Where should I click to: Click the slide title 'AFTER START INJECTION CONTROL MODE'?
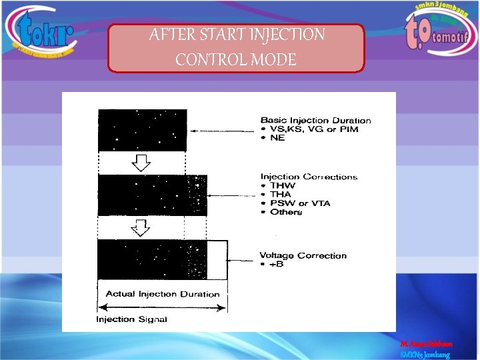237,47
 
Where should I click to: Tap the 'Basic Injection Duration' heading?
315,121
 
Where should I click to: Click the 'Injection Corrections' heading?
309,177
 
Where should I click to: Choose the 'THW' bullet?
281,185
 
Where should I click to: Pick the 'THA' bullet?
281,194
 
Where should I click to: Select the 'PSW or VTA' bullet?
299,203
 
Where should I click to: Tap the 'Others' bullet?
285,212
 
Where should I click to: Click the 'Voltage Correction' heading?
303,255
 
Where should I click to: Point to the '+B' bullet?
275,264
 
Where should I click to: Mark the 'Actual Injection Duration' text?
163,294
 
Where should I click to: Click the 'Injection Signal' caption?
132,319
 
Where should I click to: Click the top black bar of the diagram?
142,130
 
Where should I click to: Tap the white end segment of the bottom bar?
217,259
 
